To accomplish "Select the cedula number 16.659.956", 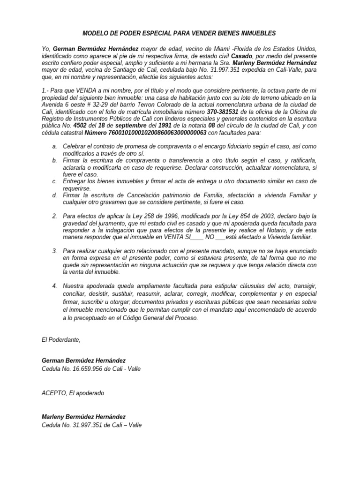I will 89,368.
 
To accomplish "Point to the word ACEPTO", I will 53,393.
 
